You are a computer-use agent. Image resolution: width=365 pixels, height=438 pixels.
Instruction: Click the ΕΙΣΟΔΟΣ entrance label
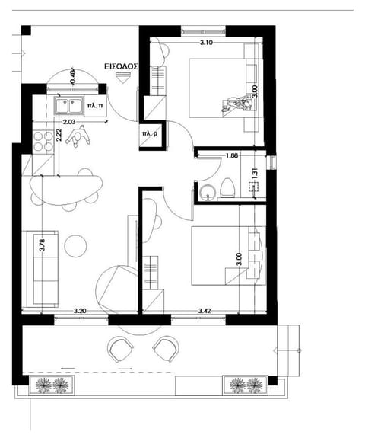coord(120,66)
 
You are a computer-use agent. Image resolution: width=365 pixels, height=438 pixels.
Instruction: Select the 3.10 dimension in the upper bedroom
coord(206,43)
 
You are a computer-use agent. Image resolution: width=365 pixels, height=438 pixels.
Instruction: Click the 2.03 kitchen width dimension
coord(68,121)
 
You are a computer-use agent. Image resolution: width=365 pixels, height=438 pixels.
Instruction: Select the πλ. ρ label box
coord(149,134)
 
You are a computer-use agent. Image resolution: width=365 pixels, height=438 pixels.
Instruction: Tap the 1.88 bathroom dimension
coord(233,156)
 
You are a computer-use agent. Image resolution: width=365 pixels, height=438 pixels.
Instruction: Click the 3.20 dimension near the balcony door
coord(79,311)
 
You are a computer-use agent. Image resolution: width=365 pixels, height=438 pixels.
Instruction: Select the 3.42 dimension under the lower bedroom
coord(205,311)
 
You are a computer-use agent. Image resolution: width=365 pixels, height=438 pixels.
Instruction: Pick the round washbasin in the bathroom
coord(204,191)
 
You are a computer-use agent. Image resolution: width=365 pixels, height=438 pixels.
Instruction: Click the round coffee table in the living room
coord(77,246)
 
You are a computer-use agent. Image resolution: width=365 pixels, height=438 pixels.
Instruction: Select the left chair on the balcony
coord(122,350)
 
